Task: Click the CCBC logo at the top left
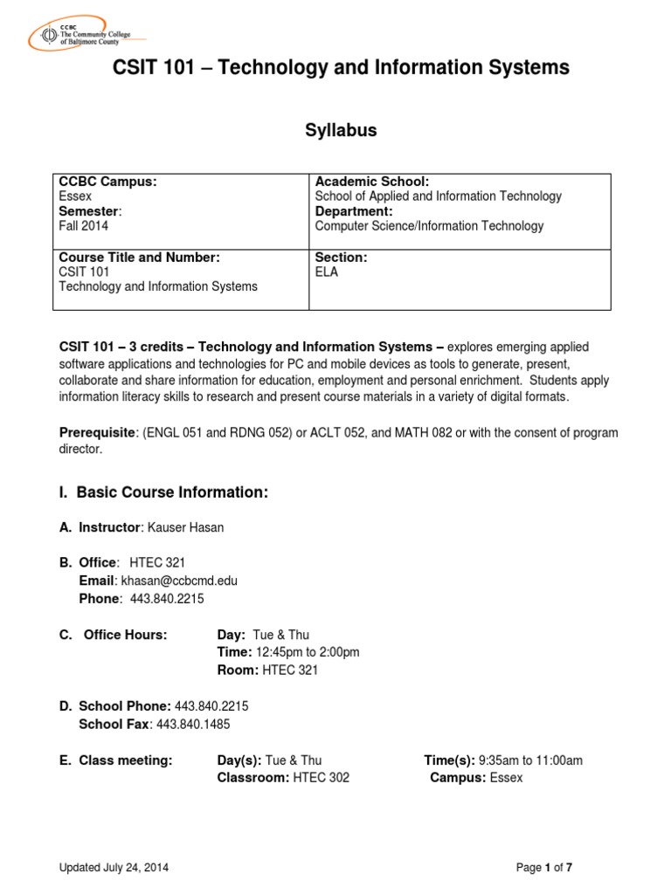[86, 36]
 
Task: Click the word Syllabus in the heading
[341, 130]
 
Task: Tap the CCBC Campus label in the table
[107, 182]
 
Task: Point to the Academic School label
[371, 182]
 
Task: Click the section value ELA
[327, 272]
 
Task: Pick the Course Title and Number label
[139, 257]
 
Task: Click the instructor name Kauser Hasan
[185, 527]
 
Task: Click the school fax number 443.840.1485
[193, 724]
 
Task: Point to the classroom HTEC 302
[321, 777]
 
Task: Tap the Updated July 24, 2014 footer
[114, 867]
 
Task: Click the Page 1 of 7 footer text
[544, 867]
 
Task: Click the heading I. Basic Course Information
[163, 492]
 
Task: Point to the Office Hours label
[125, 635]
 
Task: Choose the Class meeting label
[126, 760]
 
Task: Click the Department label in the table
[354, 211]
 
